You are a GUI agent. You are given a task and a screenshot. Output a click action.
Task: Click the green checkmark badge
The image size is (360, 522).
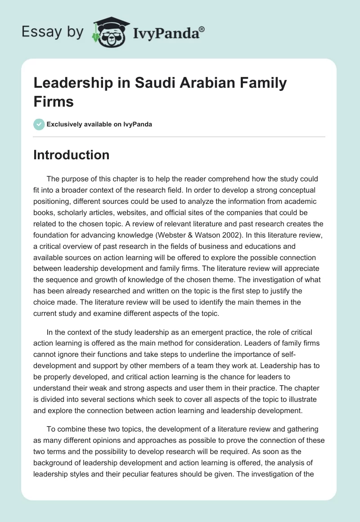point(39,124)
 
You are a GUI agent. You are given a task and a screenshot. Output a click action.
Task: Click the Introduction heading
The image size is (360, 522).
point(72,155)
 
